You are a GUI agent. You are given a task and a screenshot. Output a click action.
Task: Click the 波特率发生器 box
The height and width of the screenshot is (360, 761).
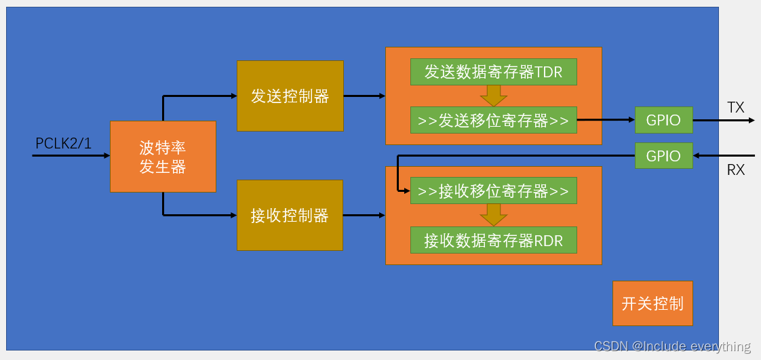[x=163, y=157]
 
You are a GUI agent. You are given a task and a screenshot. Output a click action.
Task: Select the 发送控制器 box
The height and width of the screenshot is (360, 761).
[x=290, y=96]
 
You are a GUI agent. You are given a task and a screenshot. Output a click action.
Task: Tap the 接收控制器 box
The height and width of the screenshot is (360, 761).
[x=290, y=216]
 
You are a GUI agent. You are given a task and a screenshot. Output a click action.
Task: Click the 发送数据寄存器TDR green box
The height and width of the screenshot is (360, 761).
[x=493, y=72]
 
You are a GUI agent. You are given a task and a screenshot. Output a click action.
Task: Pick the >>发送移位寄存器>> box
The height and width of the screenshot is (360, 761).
[x=493, y=121]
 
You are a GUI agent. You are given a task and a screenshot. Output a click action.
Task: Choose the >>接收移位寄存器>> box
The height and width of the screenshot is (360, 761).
[x=493, y=191]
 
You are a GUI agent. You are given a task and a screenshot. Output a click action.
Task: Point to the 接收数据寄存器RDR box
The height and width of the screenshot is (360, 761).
[x=493, y=240]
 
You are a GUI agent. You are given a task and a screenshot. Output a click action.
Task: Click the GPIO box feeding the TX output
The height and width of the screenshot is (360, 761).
[x=663, y=121]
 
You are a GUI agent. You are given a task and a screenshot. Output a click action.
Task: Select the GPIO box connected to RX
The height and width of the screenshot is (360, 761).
[x=663, y=156]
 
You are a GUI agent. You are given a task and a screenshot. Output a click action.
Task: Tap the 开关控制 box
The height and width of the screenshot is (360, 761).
[x=652, y=303]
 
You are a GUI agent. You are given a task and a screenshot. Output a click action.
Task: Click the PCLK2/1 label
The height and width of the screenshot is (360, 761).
[x=63, y=144]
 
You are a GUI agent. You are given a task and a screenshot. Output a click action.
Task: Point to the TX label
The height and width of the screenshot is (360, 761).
[x=736, y=108]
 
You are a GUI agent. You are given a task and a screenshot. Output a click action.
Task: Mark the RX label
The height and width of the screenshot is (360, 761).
[x=736, y=170]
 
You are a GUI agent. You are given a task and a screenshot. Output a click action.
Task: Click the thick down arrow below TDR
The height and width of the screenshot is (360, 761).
[x=493, y=96]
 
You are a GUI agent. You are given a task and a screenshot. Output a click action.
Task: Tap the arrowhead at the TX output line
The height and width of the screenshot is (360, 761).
[x=750, y=121]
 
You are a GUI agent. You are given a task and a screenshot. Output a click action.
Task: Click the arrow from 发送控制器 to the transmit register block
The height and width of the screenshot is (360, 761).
[x=364, y=96]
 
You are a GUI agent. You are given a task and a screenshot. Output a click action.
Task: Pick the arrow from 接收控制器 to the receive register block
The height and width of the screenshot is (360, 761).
[x=364, y=216]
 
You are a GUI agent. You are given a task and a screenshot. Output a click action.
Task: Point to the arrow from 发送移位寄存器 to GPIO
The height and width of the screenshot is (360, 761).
[x=606, y=121]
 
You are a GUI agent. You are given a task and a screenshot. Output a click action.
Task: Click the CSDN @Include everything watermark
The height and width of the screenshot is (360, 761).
[x=672, y=346]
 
